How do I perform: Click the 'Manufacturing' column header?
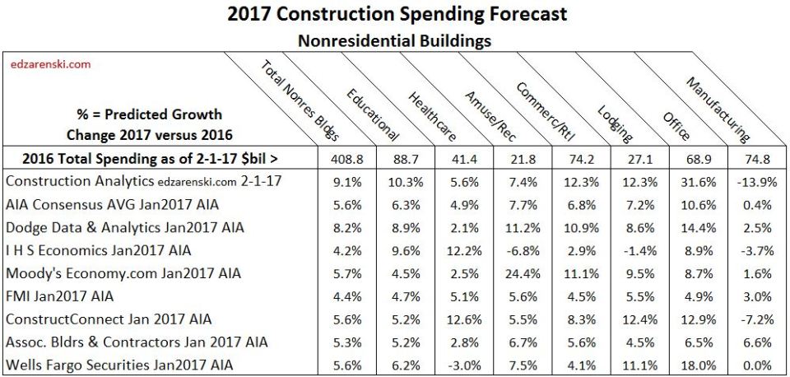[717, 106]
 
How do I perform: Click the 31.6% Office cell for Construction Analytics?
[674, 181]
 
